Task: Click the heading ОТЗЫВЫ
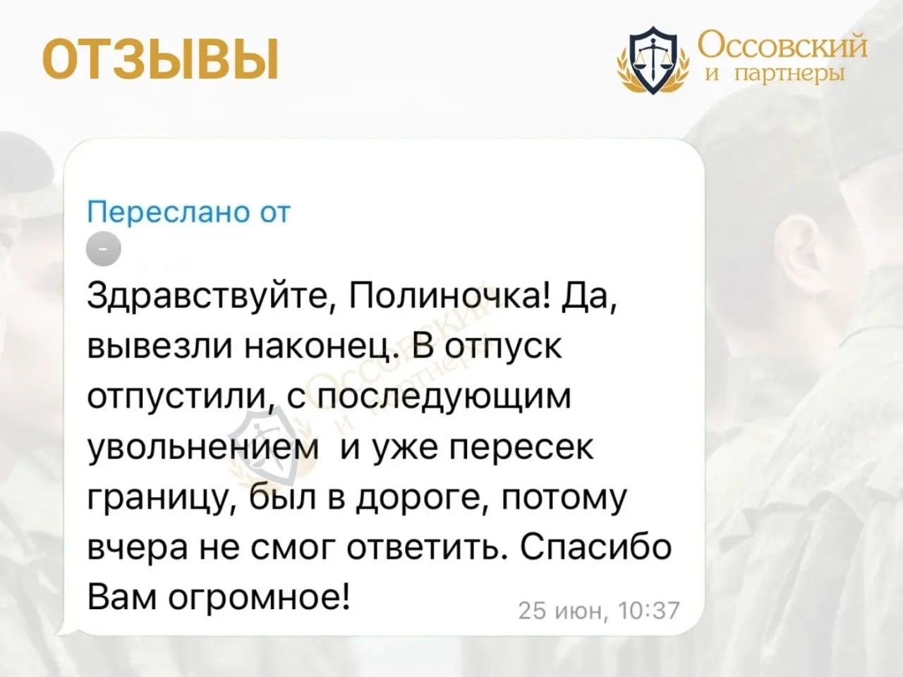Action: [160, 59]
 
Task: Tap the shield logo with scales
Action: [653, 60]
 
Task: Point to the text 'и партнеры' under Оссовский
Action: [775, 75]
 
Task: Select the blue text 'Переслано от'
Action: [189, 213]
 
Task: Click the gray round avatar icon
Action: [104, 249]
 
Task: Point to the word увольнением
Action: [203, 448]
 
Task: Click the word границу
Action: [162, 498]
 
